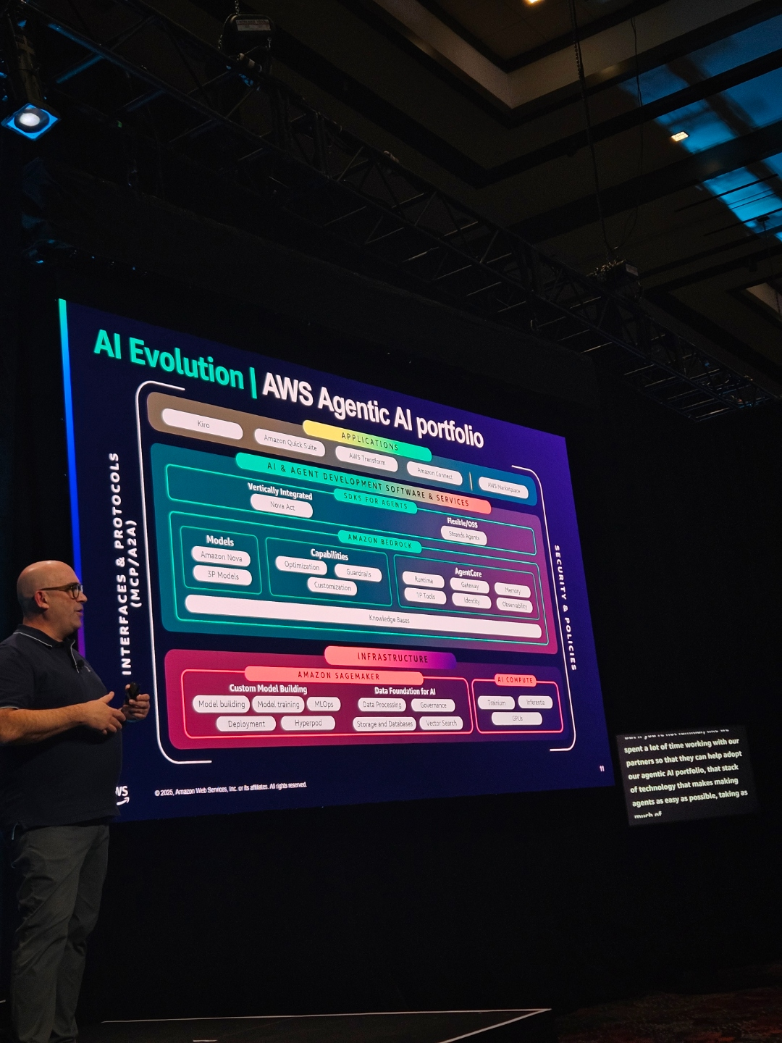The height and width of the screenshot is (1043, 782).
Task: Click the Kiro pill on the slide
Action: click(x=202, y=424)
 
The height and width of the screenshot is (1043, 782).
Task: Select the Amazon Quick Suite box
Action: click(x=290, y=442)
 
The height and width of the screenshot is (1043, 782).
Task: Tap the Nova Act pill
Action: click(x=282, y=506)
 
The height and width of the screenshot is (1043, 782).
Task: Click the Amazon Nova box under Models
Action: click(x=221, y=557)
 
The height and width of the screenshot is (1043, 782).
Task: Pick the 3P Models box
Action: click(x=222, y=575)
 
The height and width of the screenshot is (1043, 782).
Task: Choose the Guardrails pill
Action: click(x=358, y=573)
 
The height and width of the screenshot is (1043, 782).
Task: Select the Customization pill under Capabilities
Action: click(x=332, y=587)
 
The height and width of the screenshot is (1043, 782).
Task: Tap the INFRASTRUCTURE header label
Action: click(x=392, y=658)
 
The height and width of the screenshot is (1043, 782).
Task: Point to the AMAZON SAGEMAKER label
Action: click(x=338, y=675)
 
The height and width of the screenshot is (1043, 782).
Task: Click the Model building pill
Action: click(x=222, y=704)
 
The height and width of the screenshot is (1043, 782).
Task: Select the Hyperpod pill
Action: click(x=308, y=723)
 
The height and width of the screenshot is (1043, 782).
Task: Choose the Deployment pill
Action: click(x=246, y=724)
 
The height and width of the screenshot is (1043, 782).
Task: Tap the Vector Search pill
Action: click(x=441, y=723)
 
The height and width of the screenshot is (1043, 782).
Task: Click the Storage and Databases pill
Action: click(x=384, y=724)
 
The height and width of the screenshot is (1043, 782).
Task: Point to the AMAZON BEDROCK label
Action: click(x=379, y=541)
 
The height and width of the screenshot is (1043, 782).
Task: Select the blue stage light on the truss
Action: click(x=30, y=120)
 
